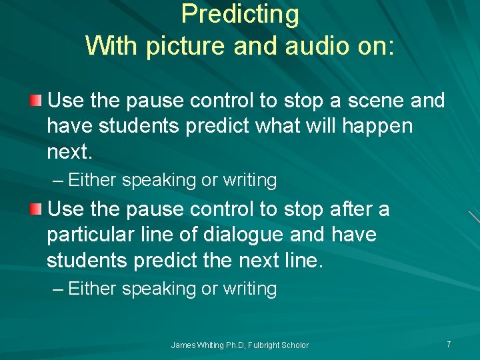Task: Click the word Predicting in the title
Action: pyautogui.click(x=240, y=15)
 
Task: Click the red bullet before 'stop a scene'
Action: pyautogui.click(x=36, y=101)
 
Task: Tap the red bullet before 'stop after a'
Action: pyautogui.click(x=36, y=210)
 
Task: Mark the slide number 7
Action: pyautogui.click(x=449, y=344)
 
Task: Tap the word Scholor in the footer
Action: pyautogui.click(x=296, y=345)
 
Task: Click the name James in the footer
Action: pyautogui.click(x=183, y=345)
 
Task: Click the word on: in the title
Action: pyautogui.click(x=375, y=45)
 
